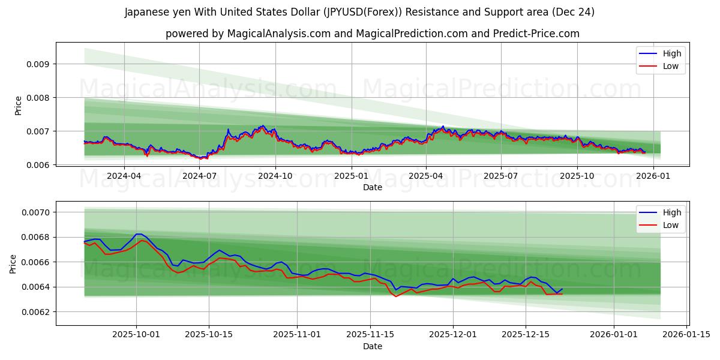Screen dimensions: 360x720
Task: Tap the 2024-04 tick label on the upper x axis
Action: (x=124, y=176)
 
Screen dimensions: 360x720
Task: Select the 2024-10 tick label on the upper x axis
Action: (x=275, y=176)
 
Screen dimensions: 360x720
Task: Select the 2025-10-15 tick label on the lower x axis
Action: (x=209, y=335)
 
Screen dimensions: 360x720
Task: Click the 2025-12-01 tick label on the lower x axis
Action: (x=452, y=335)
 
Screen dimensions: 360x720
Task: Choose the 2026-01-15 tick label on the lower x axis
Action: (x=686, y=335)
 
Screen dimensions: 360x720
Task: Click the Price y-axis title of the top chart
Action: (x=18, y=106)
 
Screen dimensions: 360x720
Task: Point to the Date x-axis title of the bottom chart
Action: (x=372, y=346)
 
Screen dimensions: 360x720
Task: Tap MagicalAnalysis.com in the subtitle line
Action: (x=279, y=34)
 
